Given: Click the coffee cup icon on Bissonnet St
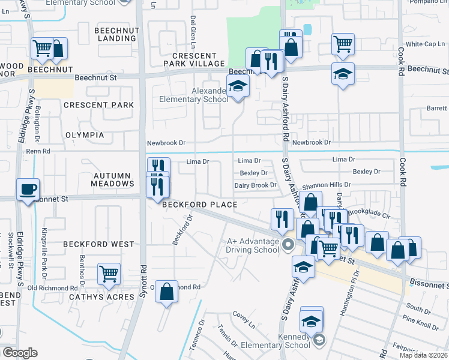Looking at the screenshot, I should pos(28,190).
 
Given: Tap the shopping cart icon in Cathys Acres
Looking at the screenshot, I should pos(109,274).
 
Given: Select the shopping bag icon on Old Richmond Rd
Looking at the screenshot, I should pos(167,292).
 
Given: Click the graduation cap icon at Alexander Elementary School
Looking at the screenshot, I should pos(238,86).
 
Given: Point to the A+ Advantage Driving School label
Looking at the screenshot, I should pos(253,245).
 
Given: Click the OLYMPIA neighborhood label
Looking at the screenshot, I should pos(84,135).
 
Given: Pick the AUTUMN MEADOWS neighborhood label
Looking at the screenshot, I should pos(112,180).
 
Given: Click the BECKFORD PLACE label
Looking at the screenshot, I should pos(199,205).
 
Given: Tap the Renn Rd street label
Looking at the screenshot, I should pos(38,151).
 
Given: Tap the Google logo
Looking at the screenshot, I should pos(20,353).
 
